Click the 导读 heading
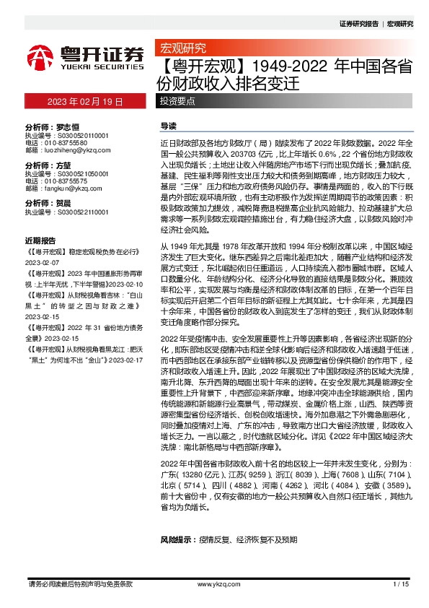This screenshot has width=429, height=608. pyautogui.click(x=168, y=125)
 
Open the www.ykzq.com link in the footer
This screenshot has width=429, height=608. pyautogui.click(x=213, y=584)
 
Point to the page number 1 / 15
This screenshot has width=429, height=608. pyautogui.click(x=401, y=584)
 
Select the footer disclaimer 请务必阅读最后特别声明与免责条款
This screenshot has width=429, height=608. pyautogui.click(x=79, y=583)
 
